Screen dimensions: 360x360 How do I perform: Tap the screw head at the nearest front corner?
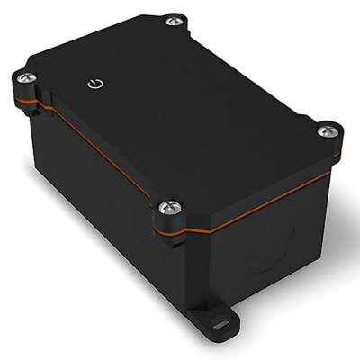[167, 209]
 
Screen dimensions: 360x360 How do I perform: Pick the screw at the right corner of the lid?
[327, 131]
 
